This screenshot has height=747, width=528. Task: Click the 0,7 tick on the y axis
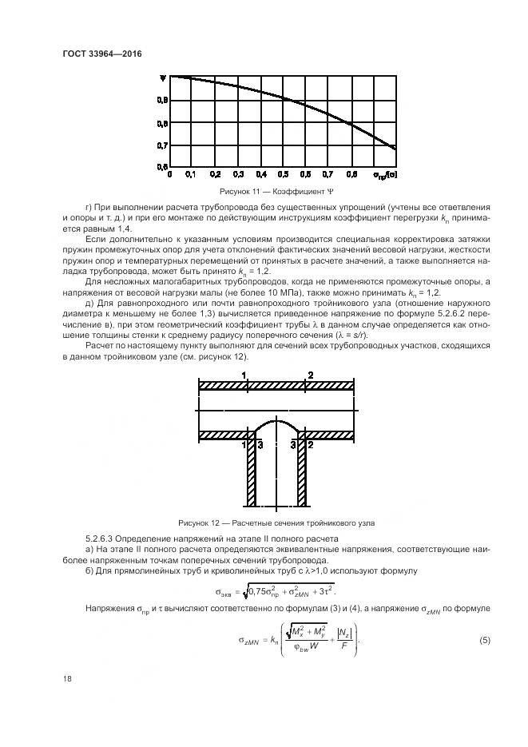(161, 145)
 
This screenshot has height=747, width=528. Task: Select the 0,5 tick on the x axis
(283, 173)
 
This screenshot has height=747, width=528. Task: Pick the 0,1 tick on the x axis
(191, 173)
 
